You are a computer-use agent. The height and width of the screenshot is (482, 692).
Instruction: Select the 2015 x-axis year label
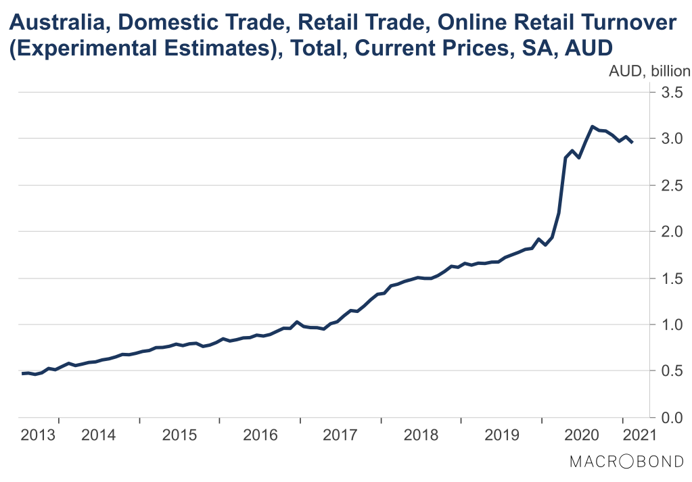(x=179, y=434)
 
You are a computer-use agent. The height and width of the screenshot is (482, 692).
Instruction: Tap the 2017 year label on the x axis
(x=340, y=434)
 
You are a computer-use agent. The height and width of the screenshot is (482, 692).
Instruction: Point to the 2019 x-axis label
(x=501, y=434)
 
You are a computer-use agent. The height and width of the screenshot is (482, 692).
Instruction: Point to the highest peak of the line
(x=593, y=126)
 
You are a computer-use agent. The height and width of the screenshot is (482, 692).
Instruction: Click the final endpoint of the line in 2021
(x=632, y=143)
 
